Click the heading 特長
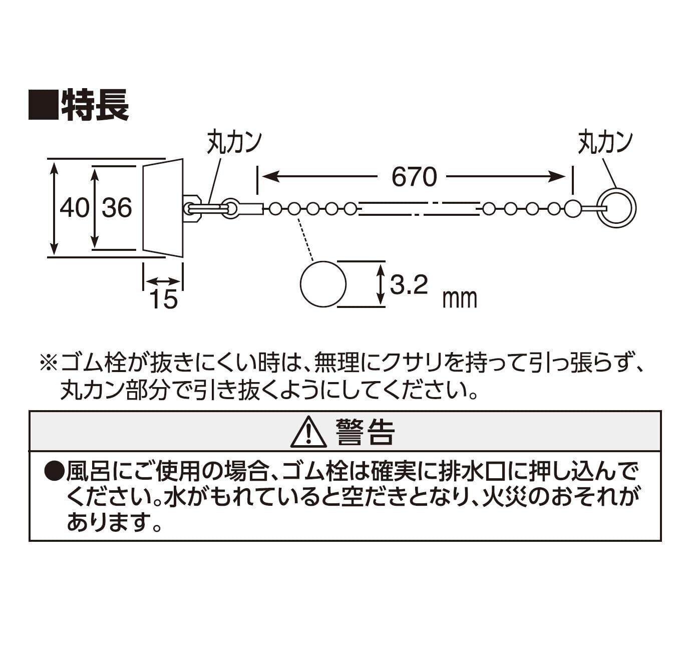pos(95,105)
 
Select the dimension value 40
pos(74,207)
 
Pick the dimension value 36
pos(117,207)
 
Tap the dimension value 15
pos(163,299)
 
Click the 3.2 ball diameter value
pos(409,285)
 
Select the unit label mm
pos(460,299)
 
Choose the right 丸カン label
pos(605,142)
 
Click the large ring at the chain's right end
pos(618,208)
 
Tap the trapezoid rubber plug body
pos(163,208)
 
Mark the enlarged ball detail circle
pos(323,284)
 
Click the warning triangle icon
pos(308,432)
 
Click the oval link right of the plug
pos(230,208)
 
